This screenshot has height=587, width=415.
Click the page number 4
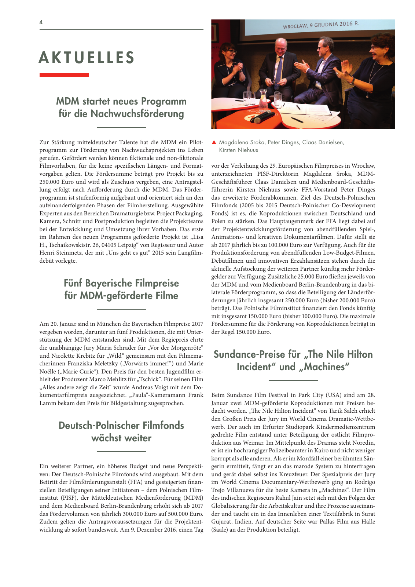pos(41,22)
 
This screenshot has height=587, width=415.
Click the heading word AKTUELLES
pos(87,58)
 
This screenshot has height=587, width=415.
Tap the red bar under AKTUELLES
pos(64,75)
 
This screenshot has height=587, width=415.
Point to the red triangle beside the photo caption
pos(214,142)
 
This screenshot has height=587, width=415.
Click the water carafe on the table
pos(263,99)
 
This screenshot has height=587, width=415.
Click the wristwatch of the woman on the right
pos(352,81)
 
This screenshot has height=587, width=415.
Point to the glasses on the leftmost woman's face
pos(232,52)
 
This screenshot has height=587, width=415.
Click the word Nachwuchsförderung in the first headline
pos(137,114)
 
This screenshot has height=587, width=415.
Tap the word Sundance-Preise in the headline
pos(249,354)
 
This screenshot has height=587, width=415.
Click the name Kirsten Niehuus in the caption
pos(238,150)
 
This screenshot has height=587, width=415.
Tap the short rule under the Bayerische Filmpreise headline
pos(121,309)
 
